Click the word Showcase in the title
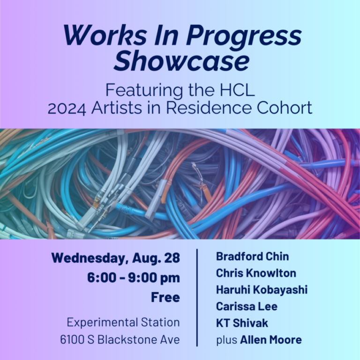[x=181, y=60]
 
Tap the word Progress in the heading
[x=244, y=35]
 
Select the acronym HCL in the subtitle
[x=237, y=90]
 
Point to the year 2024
[x=67, y=108]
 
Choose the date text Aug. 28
[x=156, y=258]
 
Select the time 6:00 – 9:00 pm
[x=134, y=278]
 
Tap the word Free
[x=165, y=297]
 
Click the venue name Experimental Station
[x=123, y=322]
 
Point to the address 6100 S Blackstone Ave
[x=120, y=339]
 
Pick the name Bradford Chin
[x=252, y=256]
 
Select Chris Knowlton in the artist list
[x=256, y=273]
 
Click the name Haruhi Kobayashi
[x=262, y=290]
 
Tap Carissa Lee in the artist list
[x=247, y=306]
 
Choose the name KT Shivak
[x=242, y=323]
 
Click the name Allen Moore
[x=271, y=340]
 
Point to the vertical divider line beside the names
[x=197, y=298]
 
